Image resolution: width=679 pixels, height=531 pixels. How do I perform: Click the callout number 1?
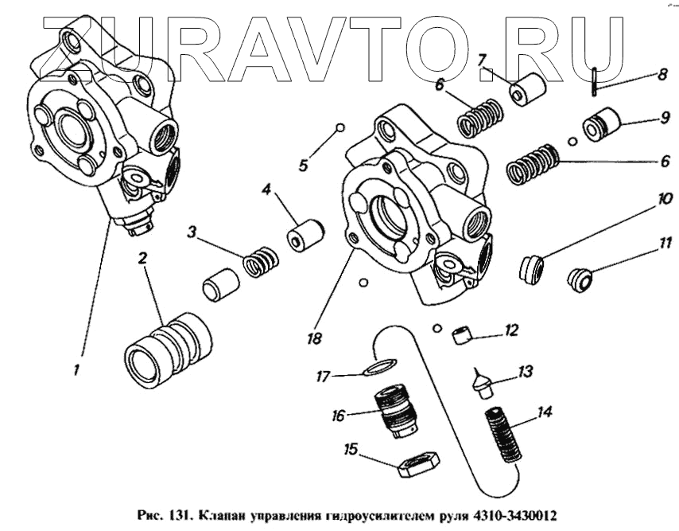[x=76, y=370]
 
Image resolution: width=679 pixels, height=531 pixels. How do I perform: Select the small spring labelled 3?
[x=261, y=260]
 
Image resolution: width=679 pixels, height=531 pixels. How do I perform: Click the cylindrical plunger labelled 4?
[x=305, y=235]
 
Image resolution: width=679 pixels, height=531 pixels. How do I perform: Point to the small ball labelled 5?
[x=340, y=127]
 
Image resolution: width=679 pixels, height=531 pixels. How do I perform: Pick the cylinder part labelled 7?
[x=527, y=90]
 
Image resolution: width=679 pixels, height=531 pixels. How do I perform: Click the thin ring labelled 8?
[x=596, y=83]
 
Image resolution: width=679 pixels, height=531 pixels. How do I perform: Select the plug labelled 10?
[x=531, y=267]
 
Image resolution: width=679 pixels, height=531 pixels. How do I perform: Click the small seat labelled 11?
[x=580, y=279]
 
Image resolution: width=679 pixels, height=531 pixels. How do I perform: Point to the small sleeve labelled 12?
[x=461, y=335]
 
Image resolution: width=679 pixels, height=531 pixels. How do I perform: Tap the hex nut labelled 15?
[x=418, y=465]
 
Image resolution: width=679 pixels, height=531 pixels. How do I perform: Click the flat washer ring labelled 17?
[x=380, y=367]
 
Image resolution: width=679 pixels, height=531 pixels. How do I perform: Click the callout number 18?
[x=315, y=338]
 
